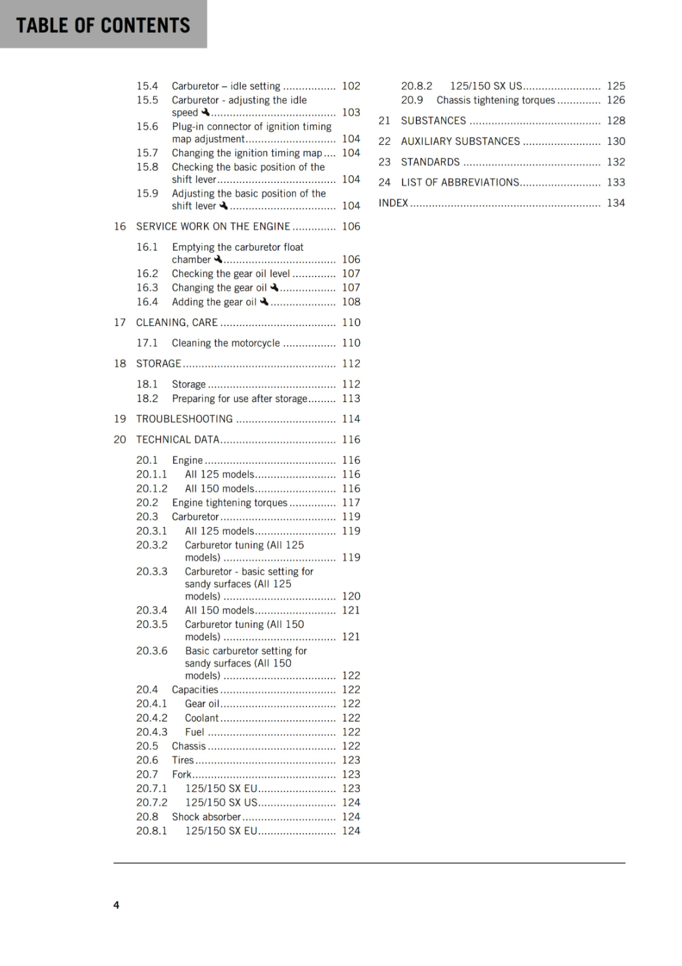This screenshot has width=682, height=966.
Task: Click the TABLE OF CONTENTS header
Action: click(x=103, y=25)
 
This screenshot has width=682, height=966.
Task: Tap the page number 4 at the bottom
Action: click(x=116, y=904)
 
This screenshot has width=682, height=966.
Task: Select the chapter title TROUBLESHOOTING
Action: click(x=184, y=419)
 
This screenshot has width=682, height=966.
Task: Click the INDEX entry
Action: click(x=394, y=203)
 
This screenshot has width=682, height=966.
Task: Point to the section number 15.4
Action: click(x=147, y=86)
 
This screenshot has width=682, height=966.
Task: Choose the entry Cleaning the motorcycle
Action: click(x=226, y=343)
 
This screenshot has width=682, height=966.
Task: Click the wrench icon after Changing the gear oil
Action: click(x=275, y=287)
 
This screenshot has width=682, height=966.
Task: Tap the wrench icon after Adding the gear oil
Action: click(x=264, y=301)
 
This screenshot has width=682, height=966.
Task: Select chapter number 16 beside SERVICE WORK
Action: click(x=120, y=226)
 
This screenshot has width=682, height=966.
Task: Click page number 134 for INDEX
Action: click(x=616, y=203)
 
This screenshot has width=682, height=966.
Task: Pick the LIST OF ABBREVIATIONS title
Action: click(x=460, y=182)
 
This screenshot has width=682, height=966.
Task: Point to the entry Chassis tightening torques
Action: click(x=496, y=100)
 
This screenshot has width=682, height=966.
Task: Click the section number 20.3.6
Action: click(x=152, y=651)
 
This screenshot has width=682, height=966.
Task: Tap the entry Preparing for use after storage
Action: click(x=240, y=398)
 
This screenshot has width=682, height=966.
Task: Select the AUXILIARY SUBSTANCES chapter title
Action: click(x=461, y=141)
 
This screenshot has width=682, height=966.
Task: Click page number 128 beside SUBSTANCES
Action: click(x=616, y=121)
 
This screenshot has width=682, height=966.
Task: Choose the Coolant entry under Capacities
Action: click(x=202, y=718)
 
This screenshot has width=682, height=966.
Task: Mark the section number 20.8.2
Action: click(x=417, y=86)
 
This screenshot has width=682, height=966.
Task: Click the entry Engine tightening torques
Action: click(x=229, y=502)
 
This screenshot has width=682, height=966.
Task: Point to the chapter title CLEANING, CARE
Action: click(x=177, y=322)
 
